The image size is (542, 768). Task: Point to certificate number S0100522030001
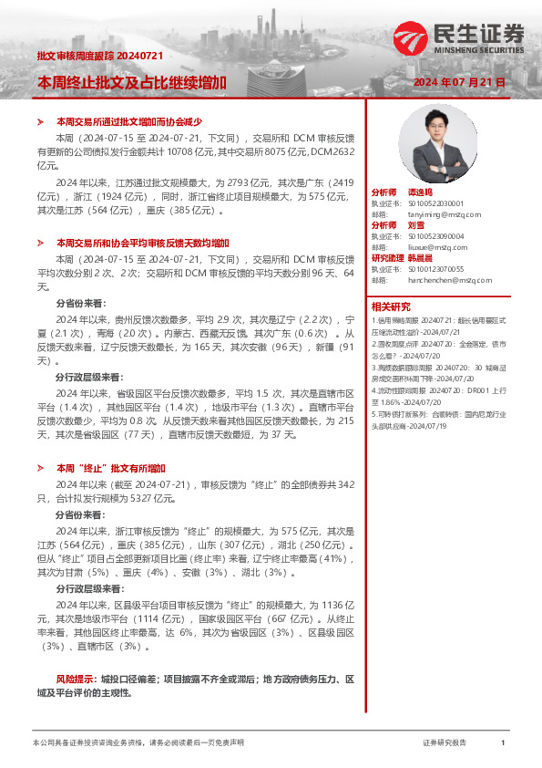point(435,203)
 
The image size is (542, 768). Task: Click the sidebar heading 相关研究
point(390,306)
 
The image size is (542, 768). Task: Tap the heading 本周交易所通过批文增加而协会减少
point(128,121)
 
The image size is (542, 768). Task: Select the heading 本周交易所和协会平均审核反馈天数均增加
point(142,244)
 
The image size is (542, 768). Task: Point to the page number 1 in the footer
point(503,742)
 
